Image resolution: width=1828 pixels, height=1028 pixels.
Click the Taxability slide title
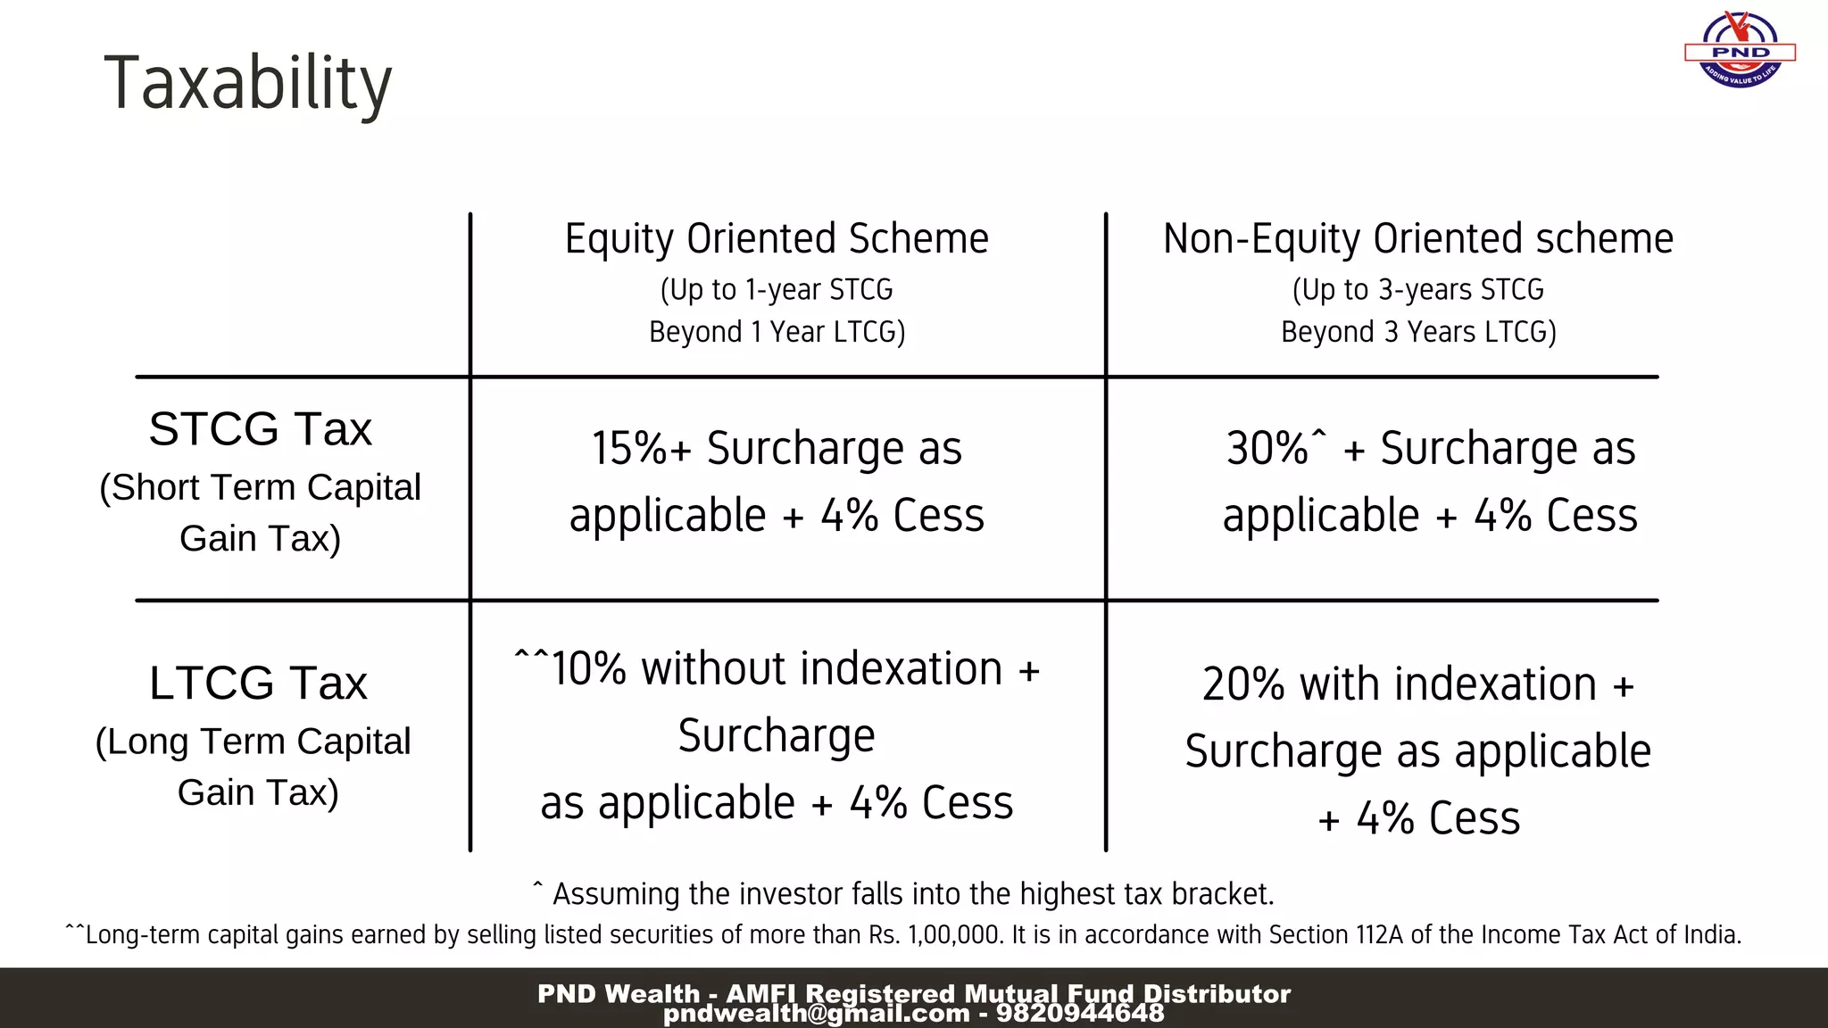pyautogui.click(x=247, y=83)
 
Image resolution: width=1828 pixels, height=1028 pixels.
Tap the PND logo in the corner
pyautogui.click(x=1740, y=50)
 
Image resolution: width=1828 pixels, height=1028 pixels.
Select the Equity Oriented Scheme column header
pyautogui.click(x=777, y=239)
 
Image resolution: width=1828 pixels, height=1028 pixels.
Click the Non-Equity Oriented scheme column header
pyautogui.click(x=1417, y=239)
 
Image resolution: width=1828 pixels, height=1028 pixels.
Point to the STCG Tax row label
pyautogui.click(x=260, y=429)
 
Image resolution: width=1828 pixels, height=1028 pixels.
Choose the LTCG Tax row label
pyautogui.click(x=258, y=684)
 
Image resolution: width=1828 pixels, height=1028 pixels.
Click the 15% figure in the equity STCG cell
pyautogui.click(x=629, y=448)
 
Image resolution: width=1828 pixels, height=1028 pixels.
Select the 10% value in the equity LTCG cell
pyautogui.click(x=589, y=669)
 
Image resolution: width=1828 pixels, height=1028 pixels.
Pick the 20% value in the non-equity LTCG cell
pyautogui.click(x=1242, y=684)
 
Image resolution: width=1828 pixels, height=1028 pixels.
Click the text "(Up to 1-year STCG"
pyautogui.click(x=777, y=290)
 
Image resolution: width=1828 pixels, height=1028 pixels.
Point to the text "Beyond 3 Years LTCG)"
pyautogui.click(x=1417, y=332)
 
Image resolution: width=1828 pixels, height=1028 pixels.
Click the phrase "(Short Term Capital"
pyautogui.click(x=260, y=488)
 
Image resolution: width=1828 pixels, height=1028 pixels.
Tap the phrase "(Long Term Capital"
pyautogui.click(x=253, y=742)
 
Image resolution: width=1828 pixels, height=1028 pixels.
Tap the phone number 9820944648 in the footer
pyautogui.click(x=1080, y=1014)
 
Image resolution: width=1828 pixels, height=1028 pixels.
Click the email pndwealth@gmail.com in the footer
pyautogui.click(x=816, y=1014)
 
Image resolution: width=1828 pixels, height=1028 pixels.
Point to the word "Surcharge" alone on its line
pyautogui.click(x=777, y=736)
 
